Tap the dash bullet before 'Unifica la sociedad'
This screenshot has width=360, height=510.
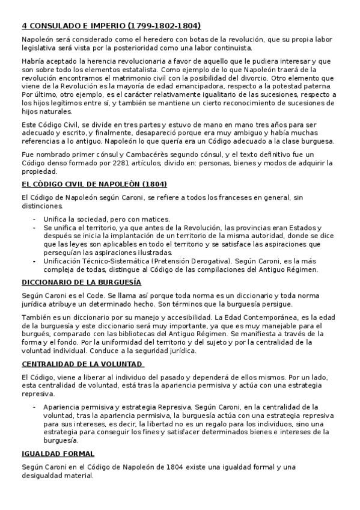(x=34, y=219)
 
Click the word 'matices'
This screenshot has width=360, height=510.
(x=156, y=219)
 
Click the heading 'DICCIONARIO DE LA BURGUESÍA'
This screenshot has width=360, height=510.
(x=82, y=281)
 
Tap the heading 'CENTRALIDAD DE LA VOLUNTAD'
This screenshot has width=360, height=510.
(x=82, y=364)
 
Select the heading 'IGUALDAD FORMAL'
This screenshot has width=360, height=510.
(x=58, y=453)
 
